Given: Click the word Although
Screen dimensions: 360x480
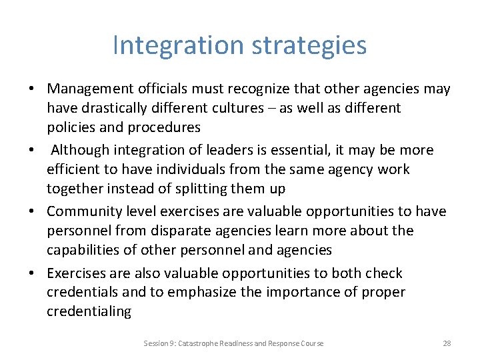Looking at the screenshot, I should (x=80, y=150).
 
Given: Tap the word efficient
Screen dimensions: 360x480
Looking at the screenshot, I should (x=74, y=169).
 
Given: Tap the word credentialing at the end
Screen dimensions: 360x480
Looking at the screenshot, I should (x=89, y=311).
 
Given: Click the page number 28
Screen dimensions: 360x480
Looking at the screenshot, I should (x=447, y=343).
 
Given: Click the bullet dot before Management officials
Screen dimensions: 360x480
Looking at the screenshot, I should (x=31, y=89).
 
